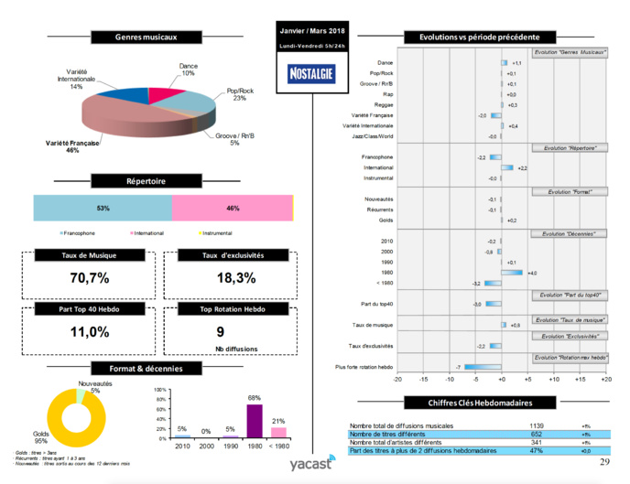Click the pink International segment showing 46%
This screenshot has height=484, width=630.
coord(232,209)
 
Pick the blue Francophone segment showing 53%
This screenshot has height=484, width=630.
coord(103,209)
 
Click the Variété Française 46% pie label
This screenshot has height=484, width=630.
coord(72,147)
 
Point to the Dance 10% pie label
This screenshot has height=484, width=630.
coord(188,69)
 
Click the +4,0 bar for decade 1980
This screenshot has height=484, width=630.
coord(512,273)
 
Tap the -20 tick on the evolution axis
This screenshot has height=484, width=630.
coord(397,378)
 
